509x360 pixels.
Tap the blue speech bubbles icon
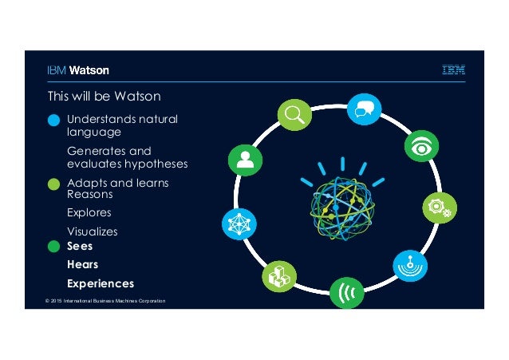(x=363, y=109)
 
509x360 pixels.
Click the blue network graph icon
(x=239, y=224)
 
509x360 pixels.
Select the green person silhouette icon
(x=245, y=159)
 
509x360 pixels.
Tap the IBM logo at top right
(x=454, y=70)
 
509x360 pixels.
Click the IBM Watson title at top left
(x=77, y=70)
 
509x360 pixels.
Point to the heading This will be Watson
(x=104, y=97)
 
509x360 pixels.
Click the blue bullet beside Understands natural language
(x=53, y=121)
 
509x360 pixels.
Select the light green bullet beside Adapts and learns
(x=53, y=184)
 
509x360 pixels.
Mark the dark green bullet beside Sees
(x=53, y=247)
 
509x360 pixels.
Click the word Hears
(x=82, y=264)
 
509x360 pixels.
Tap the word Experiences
(x=101, y=283)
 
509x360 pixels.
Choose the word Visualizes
(x=92, y=231)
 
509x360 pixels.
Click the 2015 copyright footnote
(x=105, y=300)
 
